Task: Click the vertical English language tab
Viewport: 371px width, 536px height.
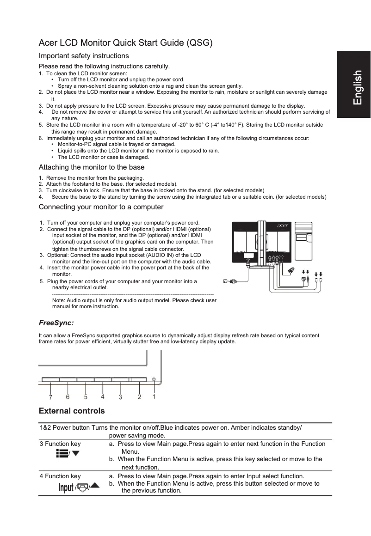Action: click(357, 88)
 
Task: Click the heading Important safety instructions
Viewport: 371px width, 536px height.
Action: click(84, 56)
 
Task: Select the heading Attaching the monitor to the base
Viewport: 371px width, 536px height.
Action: click(92, 167)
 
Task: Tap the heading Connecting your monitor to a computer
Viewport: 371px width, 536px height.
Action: click(101, 207)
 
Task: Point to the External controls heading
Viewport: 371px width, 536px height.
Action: click(72, 411)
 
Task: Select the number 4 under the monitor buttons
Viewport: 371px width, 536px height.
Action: click(102, 396)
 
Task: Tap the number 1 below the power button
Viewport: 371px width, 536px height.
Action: click(154, 396)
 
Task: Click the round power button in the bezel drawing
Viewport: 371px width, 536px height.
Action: click(154, 380)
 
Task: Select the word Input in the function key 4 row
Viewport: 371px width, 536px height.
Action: click(66, 488)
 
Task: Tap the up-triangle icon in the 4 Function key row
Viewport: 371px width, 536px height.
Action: click(94, 486)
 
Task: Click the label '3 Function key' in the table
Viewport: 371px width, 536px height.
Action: click(60, 444)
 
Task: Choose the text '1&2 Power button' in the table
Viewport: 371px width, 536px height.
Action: click(65, 428)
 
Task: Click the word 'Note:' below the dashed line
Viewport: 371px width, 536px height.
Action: click(59, 300)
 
